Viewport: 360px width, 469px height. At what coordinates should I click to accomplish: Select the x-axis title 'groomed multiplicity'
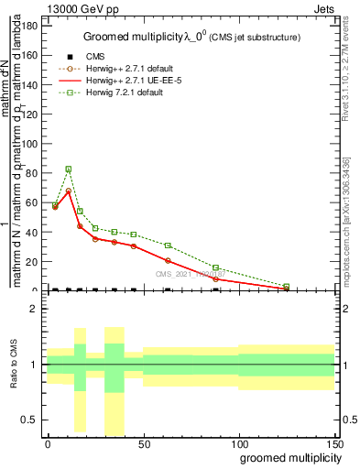coord(286,456)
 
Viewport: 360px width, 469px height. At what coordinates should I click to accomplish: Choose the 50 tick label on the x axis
coord(143,443)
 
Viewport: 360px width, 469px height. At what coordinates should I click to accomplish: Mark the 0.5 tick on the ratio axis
coord(29,420)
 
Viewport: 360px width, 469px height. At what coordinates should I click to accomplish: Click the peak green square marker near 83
coord(69,169)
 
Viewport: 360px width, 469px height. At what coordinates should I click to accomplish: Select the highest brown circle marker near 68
coord(69,191)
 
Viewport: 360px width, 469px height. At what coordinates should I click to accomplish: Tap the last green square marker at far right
coord(287,287)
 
